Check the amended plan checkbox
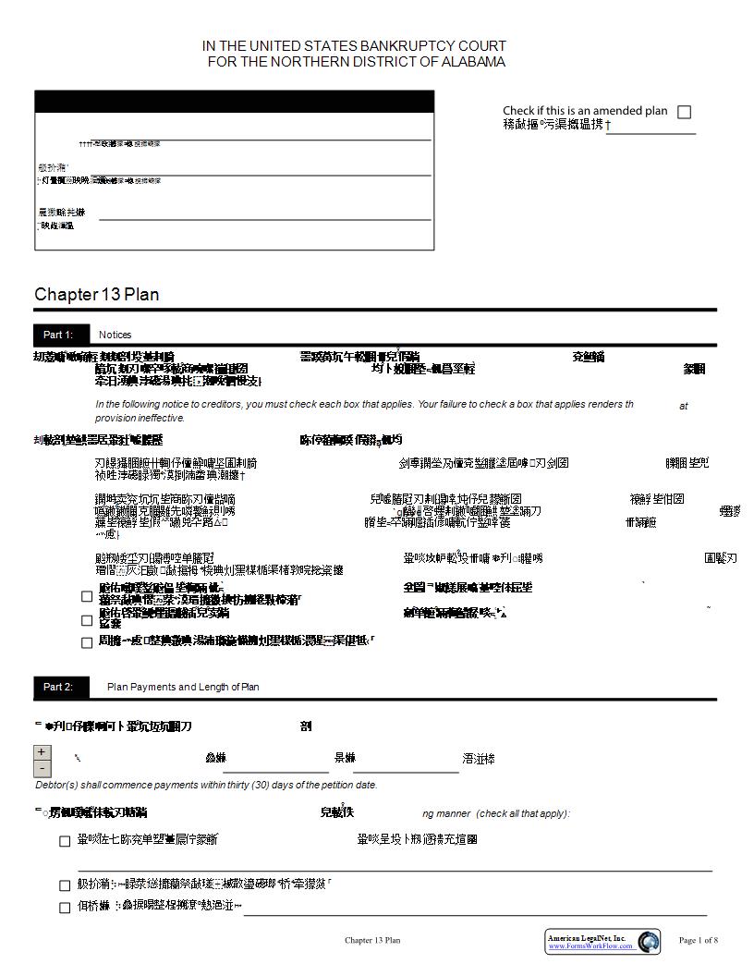pyautogui.click(x=684, y=112)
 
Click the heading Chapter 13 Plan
pyautogui.click(x=97, y=295)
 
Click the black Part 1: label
pyautogui.click(x=57, y=335)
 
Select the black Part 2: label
pyautogui.click(x=57, y=687)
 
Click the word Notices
pyautogui.click(x=116, y=335)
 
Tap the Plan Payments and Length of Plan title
pyautogui.click(x=183, y=687)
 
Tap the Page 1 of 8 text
pyautogui.click(x=698, y=941)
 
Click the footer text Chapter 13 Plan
pyautogui.click(x=372, y=941)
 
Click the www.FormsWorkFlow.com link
pyautogui.click(x=590, y=946)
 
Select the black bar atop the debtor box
pyautogui.click(x=234, y=101)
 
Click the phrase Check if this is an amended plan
pyautogui.click(x=584, y=111)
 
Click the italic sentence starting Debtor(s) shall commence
pyautogui.click(x=206, y=785)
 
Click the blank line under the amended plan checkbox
pyautogui.click(x=651, y=131)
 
